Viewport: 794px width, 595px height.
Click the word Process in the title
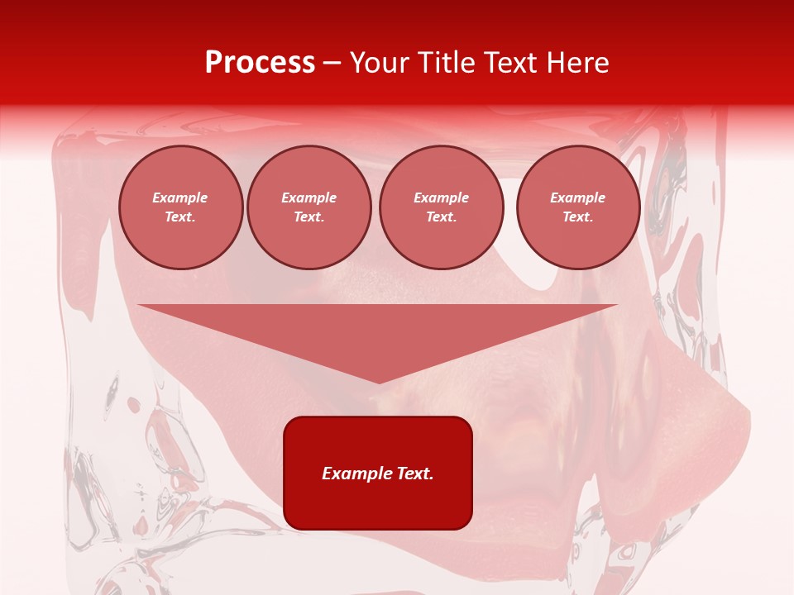(x=260, y=63)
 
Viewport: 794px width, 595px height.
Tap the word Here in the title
(x=579, y=63)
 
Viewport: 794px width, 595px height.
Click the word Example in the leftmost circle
(x=180, y=198)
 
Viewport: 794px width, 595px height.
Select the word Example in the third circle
(x=442, y=198)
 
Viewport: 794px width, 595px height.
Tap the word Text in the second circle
(x=308, y=217)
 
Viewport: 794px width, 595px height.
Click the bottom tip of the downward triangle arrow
(x=379, y=381)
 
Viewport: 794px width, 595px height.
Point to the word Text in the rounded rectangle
(x=415, y=474)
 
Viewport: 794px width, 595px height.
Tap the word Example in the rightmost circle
(x=578, y=198)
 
